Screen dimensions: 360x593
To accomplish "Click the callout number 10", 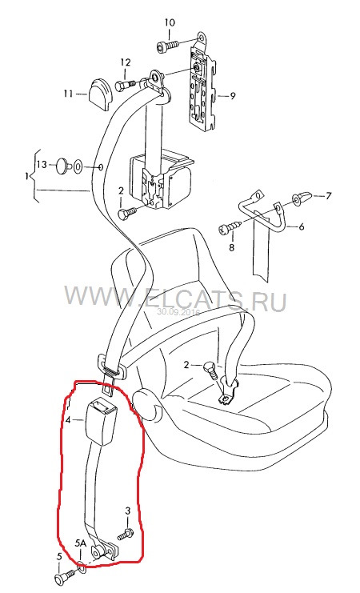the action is click(170, 22).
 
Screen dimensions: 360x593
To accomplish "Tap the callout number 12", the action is click(125, 62).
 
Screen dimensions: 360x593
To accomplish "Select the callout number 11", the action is click(69, 93).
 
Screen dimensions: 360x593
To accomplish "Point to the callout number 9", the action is click(233, 96).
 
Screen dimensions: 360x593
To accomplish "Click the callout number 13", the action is click(42, 165).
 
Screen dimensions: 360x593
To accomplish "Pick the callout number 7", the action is click(328, 196).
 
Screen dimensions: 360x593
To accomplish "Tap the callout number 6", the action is click(302, 226).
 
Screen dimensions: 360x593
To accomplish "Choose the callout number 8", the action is click(231, 247).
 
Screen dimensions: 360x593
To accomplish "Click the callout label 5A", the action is click(81, 543).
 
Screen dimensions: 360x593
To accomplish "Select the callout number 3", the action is click(127, 511).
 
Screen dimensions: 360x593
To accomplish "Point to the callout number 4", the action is click(68, 420).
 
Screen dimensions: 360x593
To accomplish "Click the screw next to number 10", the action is click(167, 46).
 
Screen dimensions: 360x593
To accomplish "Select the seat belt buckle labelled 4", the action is click(101, 419).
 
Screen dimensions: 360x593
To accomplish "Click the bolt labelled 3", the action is click(126, 534).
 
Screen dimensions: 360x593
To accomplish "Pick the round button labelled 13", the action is click(62, 166).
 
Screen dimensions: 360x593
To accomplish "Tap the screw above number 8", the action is click(229, 227).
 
